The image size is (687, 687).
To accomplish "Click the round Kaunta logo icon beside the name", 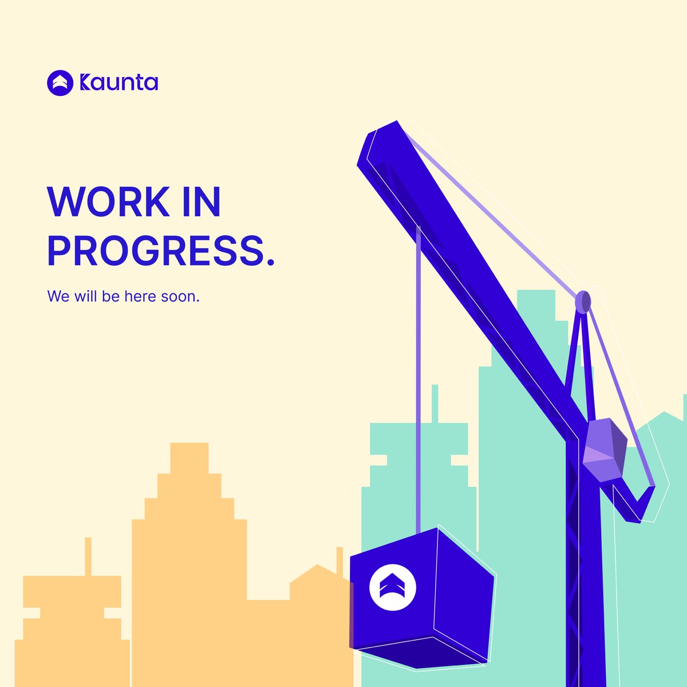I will tap(60, 83).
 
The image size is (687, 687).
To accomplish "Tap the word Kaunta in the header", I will tap(119, 83).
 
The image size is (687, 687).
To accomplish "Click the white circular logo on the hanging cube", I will tap(392, 587).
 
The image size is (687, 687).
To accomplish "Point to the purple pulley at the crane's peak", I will tap(583, 302).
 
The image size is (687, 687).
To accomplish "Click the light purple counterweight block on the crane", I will tap(604, 449).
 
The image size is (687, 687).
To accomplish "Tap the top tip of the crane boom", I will tap(381, 135).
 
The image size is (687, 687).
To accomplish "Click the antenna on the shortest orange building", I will tap(88, 555).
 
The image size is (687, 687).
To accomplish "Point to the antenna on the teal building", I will tap(435, 401).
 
